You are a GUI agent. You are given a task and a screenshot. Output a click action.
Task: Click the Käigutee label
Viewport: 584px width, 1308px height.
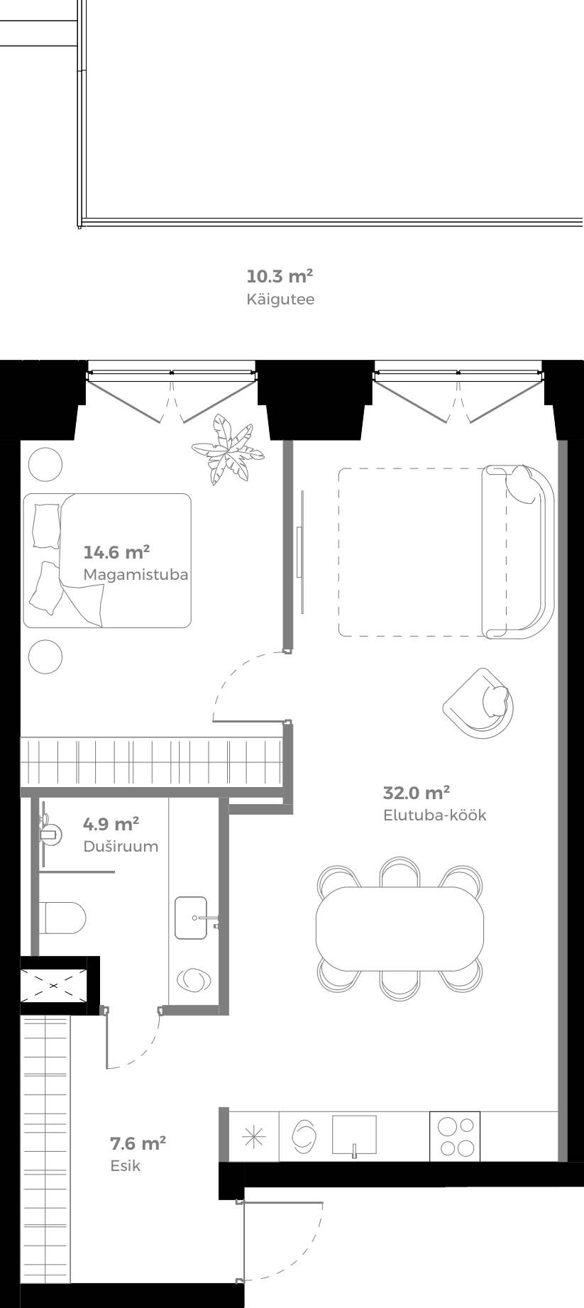280,299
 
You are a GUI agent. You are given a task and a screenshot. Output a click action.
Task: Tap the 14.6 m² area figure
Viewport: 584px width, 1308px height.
116,552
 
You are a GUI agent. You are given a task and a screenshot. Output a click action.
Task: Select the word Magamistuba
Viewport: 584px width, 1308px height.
136,574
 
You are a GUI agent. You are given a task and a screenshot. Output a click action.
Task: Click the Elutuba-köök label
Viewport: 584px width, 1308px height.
434,815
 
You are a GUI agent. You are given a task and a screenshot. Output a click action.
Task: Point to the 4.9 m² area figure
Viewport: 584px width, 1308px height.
111,824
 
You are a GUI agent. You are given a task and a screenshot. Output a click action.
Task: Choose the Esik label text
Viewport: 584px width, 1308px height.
126,1165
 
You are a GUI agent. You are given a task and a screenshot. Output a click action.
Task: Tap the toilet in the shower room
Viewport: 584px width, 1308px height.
62,918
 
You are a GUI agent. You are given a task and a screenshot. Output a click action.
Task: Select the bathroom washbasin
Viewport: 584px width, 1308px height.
192,918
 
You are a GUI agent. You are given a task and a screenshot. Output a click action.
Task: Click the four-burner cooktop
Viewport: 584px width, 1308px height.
455,1136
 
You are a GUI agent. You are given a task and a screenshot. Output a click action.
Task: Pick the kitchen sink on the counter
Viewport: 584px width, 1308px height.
353,1135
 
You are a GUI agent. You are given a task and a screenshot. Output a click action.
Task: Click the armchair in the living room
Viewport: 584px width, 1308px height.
479,703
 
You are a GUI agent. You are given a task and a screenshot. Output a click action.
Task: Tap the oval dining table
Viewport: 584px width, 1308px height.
400,928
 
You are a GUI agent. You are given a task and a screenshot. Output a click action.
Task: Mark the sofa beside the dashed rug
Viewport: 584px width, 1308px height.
519,552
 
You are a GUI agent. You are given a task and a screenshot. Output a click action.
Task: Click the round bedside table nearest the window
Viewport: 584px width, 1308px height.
45,466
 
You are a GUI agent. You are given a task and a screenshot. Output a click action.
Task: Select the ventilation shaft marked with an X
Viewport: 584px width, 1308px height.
54,984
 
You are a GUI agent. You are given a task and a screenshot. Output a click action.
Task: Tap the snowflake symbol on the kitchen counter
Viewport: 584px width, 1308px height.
254,1136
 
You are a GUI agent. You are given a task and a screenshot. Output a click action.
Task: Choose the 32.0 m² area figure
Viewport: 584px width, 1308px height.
417,793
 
